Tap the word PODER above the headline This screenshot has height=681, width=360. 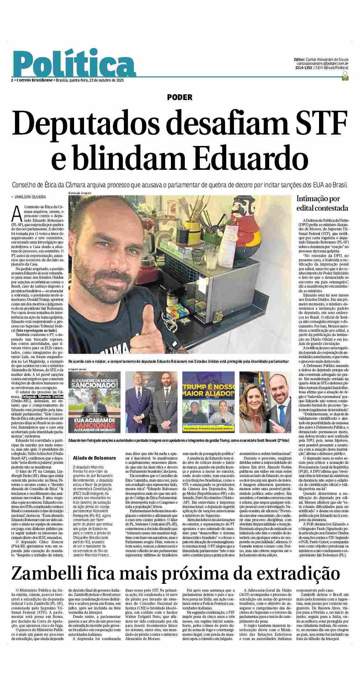point(180,97)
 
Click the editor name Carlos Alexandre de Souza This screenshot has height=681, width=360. point(327,59)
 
